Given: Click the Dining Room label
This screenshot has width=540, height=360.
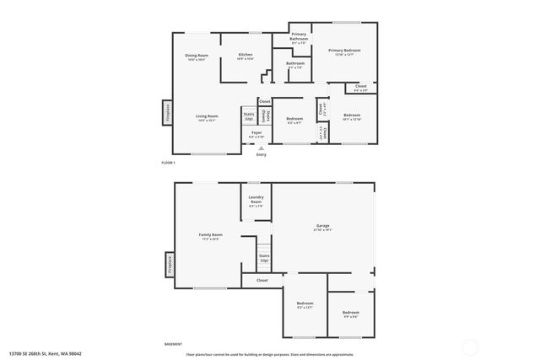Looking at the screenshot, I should point(197,57).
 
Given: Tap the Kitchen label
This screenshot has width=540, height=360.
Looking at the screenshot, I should point(245,57).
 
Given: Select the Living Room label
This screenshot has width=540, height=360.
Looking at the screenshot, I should point(207,118).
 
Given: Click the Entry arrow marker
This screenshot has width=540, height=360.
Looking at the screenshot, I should point(261,148).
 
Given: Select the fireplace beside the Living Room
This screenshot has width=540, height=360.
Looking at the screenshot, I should point(167,112).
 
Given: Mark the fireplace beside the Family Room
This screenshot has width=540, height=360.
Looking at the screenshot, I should point(169,264).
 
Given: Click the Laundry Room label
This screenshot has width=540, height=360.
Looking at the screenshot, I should point(255,201).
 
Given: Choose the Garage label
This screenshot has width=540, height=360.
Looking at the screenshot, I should point(322,227).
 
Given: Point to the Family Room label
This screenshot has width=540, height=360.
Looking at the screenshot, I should point(210,236).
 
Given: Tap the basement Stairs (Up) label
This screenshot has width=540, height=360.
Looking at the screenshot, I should point(263,256).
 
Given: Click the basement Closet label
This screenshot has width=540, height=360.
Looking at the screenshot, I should point(262,280).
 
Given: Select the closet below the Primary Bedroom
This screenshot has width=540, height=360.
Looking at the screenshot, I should point(360,87).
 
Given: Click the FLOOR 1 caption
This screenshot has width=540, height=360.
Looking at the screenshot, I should point(169,162).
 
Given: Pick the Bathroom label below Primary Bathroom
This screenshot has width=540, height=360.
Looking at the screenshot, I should point(294,64).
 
